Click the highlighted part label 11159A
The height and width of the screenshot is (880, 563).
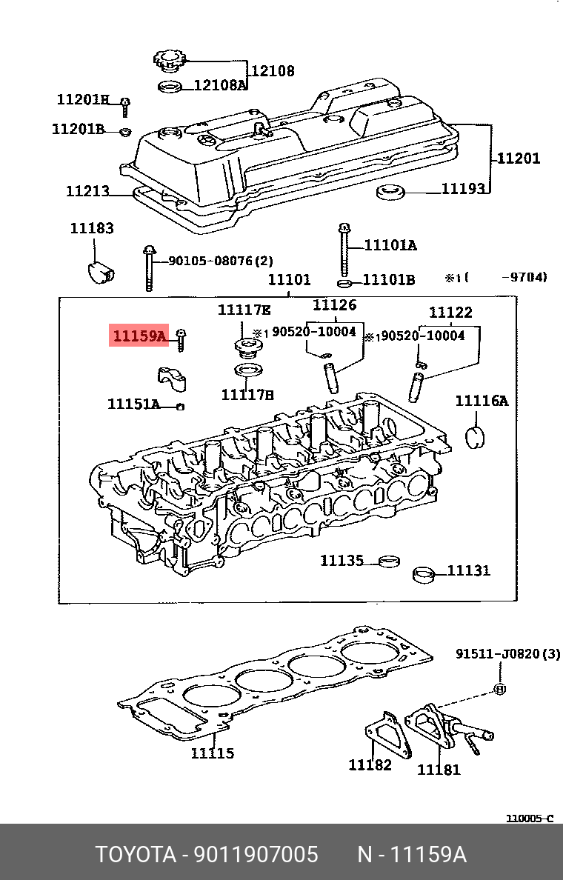[x=139, y=336]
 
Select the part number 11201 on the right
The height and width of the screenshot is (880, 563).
[x=518, y=158]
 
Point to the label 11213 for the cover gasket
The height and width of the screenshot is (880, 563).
[x=87, y=191]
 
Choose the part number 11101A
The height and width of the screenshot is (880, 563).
[x=390, y=245]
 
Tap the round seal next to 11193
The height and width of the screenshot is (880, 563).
[x=390, y=194]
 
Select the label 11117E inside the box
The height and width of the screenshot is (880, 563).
[x=244, y=309]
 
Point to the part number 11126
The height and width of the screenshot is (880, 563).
[x=334, y=304]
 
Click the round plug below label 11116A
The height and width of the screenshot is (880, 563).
[x=474, y=438]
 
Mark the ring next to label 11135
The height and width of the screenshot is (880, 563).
[x=388, y=561]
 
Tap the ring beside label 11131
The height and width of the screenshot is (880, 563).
[x=424, y=573]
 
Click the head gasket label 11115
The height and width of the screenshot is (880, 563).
[x=212, y=753]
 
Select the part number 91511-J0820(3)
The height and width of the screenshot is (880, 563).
[x=507, y=654]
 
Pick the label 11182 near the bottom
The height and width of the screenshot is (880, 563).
[x=370, y=764]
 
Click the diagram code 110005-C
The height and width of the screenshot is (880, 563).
[x=529, y=818]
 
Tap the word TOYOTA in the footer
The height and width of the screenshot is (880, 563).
[x=133, y=855]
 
